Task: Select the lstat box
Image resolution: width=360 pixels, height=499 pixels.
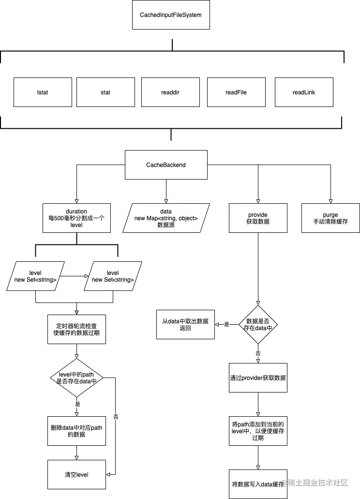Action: [43, 92]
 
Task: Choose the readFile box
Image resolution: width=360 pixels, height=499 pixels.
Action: [236, 92]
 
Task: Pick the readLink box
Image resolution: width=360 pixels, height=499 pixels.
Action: [304, 92]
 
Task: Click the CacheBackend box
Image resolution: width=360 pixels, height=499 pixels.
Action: [166, 165]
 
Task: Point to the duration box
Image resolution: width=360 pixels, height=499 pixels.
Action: [76, 218]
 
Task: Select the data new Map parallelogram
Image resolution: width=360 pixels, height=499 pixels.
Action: [166, 218]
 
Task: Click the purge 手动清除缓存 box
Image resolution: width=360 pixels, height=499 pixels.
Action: [330, 218]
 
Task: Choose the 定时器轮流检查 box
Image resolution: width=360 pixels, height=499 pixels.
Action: [77, 329]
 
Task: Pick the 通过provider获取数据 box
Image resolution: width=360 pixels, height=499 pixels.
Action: [258, 378]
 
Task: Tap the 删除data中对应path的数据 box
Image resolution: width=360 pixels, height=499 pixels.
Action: [76, 431]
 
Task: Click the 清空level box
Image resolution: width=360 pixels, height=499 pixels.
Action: [76, 474]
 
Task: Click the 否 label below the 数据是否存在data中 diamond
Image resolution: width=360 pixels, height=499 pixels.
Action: [258, 354]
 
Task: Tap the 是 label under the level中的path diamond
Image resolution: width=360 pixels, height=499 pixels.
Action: [77, 403]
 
